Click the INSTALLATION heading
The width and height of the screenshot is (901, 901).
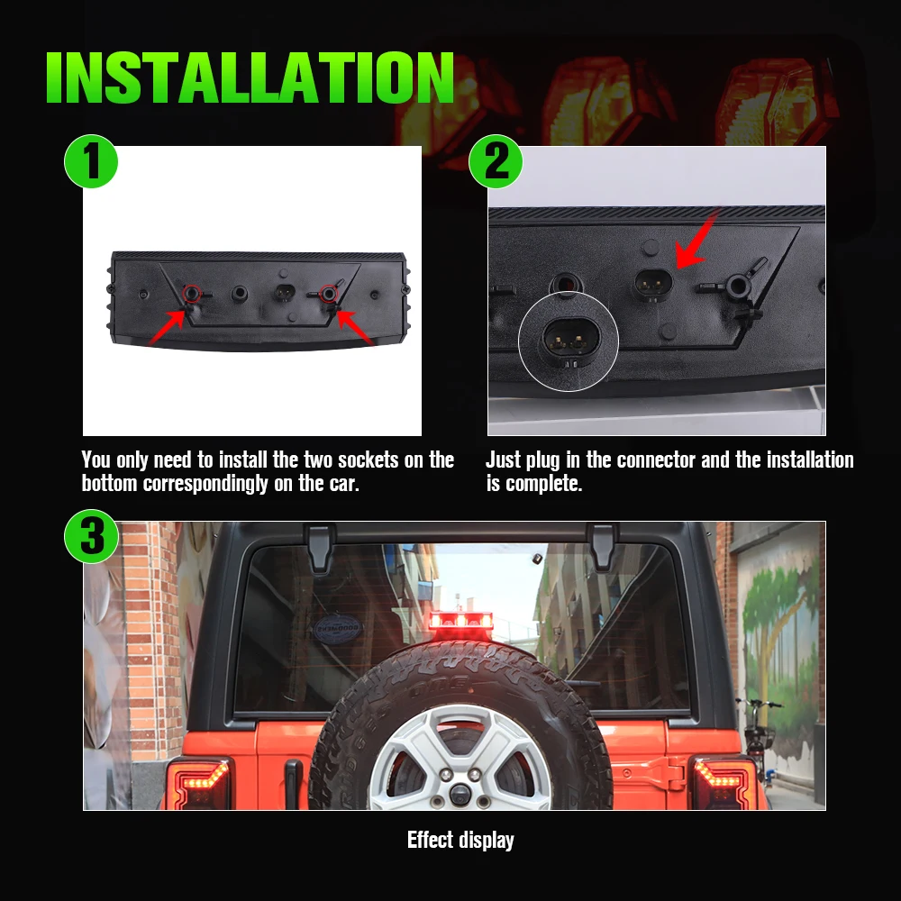pyautogui.click(x=250, y=78)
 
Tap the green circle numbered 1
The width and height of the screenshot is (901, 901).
pyautogui.click(x=91, y=162)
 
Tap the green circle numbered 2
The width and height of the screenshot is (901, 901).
pyautogui.click(x=496, y=162)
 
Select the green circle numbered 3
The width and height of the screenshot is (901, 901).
pyautogui.click(x=91, y=537)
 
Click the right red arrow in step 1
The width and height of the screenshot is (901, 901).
pyautogui.click(x=356, y=326)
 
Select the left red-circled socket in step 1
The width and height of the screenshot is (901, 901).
pyautogui.click(x=191, y=293)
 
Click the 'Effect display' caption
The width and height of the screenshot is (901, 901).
pyautogui.click(x=460, y=841)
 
